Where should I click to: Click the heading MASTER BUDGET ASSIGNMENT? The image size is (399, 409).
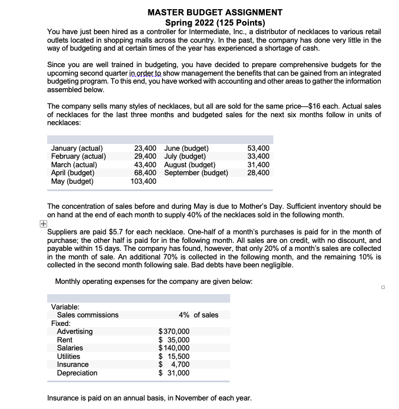click(x=214, y=12)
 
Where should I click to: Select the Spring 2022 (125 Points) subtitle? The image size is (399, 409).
click(x=215, y=22)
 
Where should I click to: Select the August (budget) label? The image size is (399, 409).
click(x=187, y=166)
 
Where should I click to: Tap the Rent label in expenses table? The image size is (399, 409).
click(x=65, y=340)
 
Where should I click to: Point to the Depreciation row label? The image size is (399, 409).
click(x=77, y=373)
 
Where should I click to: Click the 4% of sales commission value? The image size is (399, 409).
click(x=198, y=315)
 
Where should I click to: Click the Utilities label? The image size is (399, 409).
click(x=69, y=356)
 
